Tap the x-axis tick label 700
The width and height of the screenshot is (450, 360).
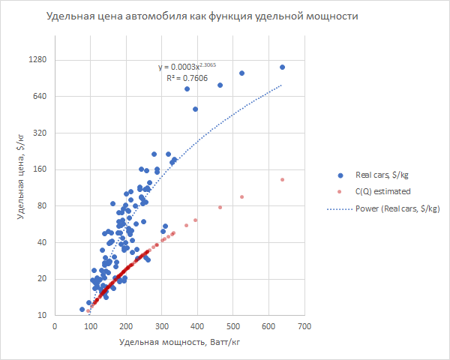pyautogui.click(x=304, y=327)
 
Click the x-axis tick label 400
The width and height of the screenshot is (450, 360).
pyautogui.click(x=197, y=327)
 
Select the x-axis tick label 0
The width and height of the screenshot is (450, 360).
pyautogui.click(x=55, y=327)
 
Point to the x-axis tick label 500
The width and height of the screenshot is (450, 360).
pyautogui.click(x=233, y=327)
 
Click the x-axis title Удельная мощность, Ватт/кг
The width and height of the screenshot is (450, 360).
pyautogui.click(x=179, y=343)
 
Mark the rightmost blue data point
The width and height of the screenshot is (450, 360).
pyautogui.click(x=282, y=67)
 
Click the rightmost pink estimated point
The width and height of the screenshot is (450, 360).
pyautogui.click(x=282, y=180)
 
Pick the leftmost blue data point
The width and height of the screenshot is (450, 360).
pyautogui.click(x=82, y=309)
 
